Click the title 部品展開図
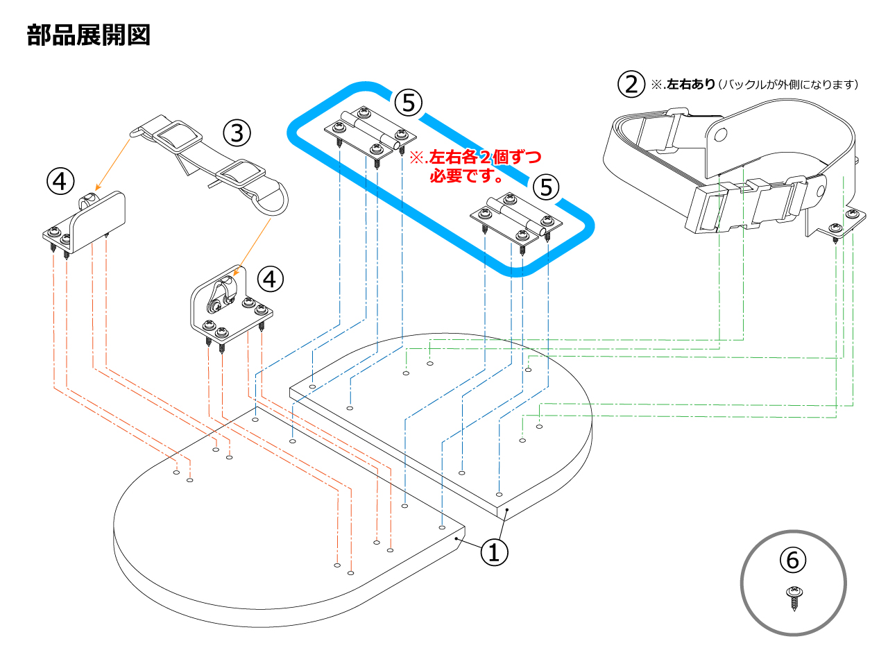point(89,35)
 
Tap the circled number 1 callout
point(494,552)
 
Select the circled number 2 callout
point(631,84)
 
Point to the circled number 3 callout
point(237,131)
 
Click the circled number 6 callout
point(793,559)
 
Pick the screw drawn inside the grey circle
point(794,597)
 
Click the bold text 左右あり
point(690,85)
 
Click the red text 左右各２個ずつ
point(484,157)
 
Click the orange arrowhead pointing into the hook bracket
point(236,273)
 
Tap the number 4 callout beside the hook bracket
point(271,279)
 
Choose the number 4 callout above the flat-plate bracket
point(60,181)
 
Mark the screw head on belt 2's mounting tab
point(853,214)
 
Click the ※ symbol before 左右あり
point(656,85)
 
